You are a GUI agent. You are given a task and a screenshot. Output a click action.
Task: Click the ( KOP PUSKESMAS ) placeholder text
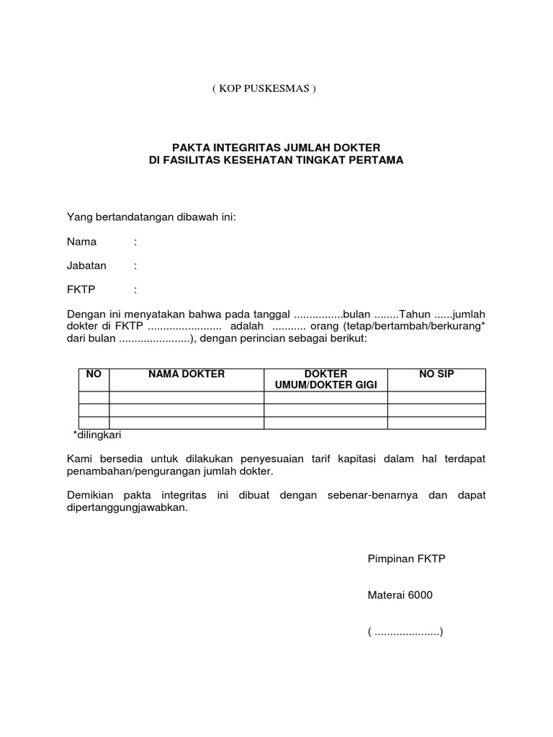click(264, 89)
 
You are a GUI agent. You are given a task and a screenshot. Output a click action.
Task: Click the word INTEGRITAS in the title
click(244, 148)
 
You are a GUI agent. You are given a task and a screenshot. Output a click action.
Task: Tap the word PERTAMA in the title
click(376, 160)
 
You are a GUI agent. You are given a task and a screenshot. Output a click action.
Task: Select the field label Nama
click(81, 242)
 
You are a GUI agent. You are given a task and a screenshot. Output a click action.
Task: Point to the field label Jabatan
click(86, 266)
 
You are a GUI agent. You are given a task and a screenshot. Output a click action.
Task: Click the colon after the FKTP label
click(135, 289)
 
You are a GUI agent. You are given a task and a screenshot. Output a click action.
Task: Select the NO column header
click(94, 374)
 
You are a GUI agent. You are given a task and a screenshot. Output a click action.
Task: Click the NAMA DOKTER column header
click(186, 374)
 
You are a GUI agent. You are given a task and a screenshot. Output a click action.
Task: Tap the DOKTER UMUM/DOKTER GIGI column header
click(325, 380)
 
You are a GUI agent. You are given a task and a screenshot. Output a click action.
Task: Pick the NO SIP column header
click(436, 374)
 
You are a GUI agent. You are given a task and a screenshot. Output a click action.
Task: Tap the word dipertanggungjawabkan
click(127, 507)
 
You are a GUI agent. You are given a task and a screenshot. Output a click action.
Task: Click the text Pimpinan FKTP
click(407, 559)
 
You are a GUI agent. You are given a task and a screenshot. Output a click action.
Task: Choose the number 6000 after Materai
click(421, 595)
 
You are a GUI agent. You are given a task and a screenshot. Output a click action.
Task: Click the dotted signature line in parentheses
click(405, 633)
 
